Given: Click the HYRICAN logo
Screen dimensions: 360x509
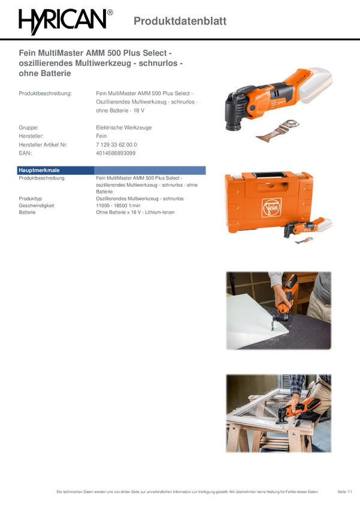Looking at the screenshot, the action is (65, 21).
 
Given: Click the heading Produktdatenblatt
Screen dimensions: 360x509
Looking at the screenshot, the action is (180, 21).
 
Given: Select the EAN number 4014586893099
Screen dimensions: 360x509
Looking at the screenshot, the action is (116, 153).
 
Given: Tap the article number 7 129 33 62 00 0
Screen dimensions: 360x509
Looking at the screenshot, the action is (116, 144).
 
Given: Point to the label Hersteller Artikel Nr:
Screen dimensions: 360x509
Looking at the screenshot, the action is (43, 144).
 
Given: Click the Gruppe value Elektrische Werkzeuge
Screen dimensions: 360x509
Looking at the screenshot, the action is (123, 128).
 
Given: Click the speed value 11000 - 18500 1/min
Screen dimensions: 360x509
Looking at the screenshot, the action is (118, 205).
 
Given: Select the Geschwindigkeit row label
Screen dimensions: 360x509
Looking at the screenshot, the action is (37, 205).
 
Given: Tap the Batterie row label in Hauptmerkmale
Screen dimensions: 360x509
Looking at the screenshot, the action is (27, 213).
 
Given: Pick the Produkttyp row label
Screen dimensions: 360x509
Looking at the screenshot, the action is (30, 199).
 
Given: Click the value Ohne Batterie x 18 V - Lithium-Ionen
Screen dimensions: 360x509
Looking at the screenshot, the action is (135, 213).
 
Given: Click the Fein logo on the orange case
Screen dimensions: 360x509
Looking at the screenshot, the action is (271, 207).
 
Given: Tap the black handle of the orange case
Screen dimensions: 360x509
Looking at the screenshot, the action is (269, 175).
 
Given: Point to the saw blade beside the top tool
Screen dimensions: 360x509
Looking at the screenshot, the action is (277, 131).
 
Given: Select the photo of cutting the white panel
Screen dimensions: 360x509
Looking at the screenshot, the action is (279, 311).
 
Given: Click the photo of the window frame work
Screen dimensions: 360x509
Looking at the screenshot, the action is (279, 413).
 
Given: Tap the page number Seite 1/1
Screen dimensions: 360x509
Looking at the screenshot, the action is (345, 492).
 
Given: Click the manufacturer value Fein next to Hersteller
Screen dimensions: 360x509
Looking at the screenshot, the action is (101, 136).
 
